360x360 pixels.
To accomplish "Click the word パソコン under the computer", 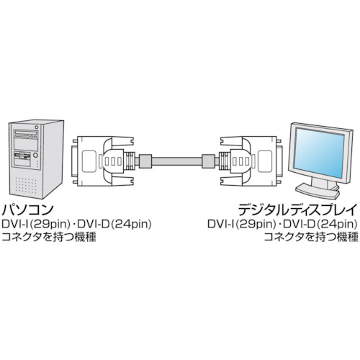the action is pos(27,210).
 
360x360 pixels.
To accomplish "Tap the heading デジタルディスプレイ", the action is pos(297,210).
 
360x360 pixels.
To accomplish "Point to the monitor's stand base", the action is pos(318,190).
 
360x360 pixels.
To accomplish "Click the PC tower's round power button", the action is pos(35,155).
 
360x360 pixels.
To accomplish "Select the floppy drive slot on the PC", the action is pos(22,155).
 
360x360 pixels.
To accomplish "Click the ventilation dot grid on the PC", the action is pos(27,186).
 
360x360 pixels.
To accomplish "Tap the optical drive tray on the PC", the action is pos(26,133).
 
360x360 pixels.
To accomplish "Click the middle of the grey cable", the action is pos(177,161).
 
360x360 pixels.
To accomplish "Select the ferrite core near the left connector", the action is pos(145,161).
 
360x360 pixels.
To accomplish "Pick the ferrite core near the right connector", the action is pos(208,161).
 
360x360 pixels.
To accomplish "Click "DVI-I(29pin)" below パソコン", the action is pos(35,225).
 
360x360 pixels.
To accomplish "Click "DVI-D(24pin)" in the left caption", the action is pos(114,225).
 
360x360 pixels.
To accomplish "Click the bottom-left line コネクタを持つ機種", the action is pos(49,237).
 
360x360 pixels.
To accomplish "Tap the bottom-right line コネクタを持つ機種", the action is pos(311,237).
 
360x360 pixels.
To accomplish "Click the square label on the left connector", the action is pos(89,161).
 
